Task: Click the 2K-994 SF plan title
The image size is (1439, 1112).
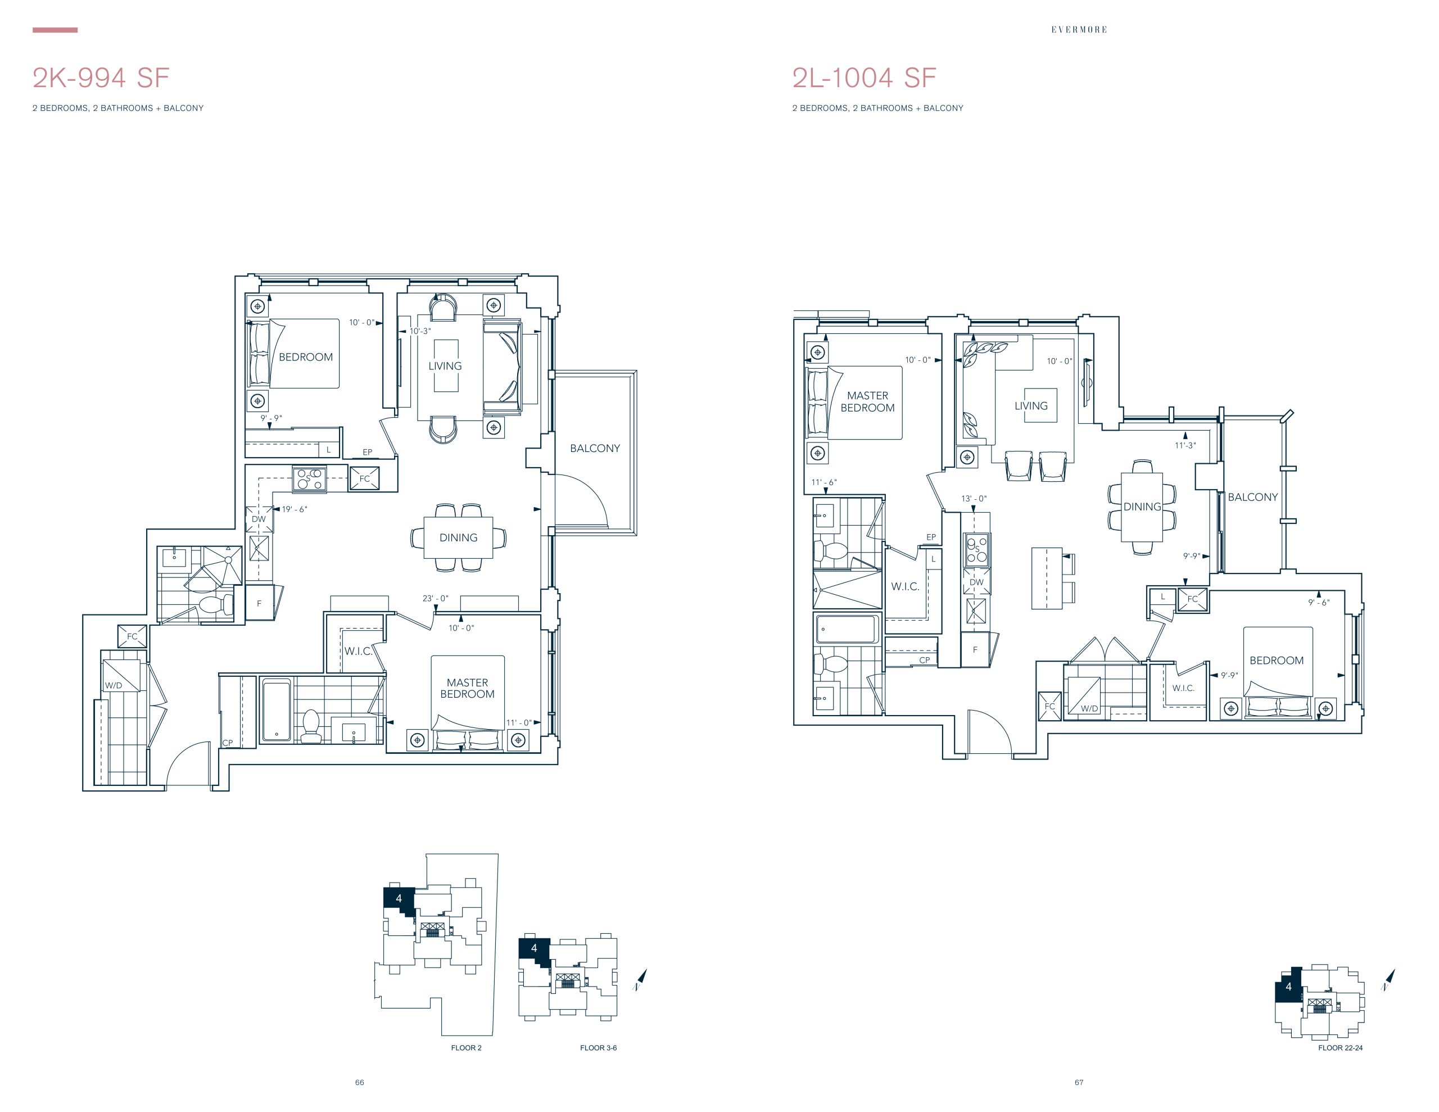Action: pos(101,78)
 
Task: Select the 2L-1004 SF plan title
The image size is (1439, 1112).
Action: pos(864,78)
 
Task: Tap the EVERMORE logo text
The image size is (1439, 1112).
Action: pos(1079,30)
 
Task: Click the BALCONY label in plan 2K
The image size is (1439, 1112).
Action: pos(595,448)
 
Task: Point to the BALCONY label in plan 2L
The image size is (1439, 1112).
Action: pos(1252,497)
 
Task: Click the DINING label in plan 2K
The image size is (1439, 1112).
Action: pos(459,538)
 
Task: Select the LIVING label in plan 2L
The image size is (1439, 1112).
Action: pos(1031,406)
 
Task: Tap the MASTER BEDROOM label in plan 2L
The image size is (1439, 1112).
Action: pos(868,401)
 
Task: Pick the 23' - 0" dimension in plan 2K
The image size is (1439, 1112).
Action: pos(436,599)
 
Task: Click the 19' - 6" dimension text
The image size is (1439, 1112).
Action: pos(295,509)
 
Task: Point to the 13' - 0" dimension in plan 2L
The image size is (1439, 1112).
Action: pos(974,499)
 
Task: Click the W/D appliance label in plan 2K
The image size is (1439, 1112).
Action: pos(114,685)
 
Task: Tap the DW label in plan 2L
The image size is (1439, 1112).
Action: pos(976,582)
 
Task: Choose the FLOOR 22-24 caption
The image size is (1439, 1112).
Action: pos(1340,1048)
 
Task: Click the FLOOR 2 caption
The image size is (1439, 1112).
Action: pos(467,1048)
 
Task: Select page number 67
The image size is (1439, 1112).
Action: pos(1079,1082)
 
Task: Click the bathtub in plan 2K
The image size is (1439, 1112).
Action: pos(276,710)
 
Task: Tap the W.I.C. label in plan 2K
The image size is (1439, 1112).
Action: pos(358,651)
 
